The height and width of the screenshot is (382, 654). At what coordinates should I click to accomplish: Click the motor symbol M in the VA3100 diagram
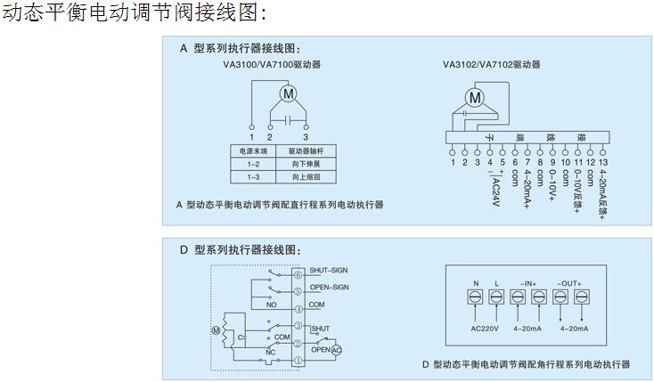287,93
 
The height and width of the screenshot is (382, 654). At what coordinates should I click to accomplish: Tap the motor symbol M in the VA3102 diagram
475,96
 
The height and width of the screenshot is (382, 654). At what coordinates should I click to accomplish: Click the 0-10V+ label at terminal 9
552,184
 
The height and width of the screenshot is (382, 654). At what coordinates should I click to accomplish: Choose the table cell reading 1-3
253,177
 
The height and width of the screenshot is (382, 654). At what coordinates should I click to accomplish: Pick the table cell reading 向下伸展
302,165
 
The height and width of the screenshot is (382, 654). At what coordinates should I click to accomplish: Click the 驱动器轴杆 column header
302,152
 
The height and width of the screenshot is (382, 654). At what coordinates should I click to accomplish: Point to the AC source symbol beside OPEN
336,351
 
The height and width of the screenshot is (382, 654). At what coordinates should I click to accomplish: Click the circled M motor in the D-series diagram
215,331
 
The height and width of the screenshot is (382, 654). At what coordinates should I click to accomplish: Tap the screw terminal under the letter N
475,300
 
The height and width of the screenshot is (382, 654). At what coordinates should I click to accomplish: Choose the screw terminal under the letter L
496,300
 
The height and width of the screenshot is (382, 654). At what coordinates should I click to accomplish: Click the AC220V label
484,329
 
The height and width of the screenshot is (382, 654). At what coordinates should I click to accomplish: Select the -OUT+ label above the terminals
569,283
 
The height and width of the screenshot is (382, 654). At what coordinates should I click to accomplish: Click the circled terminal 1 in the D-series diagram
298,360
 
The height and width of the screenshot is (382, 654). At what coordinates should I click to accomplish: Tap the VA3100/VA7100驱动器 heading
272,64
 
